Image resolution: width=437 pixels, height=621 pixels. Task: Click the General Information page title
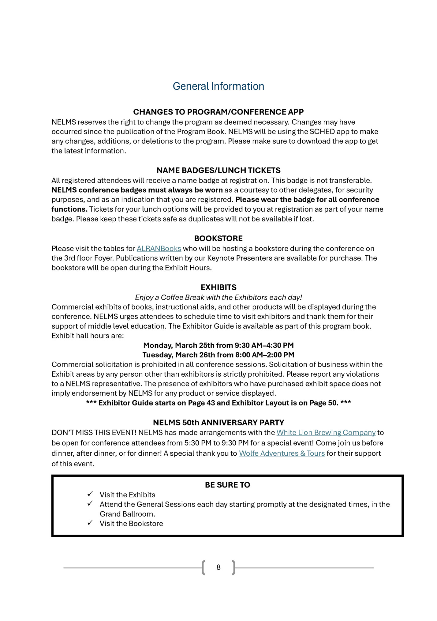click(218, 86)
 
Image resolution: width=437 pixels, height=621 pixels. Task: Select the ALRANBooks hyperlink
click(159, 248)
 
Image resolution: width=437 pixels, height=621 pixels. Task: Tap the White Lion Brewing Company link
click(326, 432)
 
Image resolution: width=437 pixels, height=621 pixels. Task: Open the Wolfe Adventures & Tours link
click(282, 453)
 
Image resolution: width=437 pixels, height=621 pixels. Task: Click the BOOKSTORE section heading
click(218, 238)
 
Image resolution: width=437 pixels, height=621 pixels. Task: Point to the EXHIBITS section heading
click(219, 287)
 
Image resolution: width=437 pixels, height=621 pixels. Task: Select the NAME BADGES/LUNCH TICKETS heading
click(219, 170)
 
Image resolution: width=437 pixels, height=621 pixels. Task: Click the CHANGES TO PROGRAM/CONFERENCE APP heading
click(218, 112)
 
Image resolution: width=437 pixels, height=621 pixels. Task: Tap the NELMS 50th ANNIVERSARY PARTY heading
click(219, 423)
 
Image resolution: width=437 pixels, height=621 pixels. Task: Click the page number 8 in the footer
click(219, 567)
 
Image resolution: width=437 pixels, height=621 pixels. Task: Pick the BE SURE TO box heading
click(227, 485)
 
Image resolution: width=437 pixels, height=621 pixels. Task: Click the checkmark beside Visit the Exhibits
click(90, 494)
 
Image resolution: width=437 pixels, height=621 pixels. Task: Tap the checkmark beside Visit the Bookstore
click(90, 523)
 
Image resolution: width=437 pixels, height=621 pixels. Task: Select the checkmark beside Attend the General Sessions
click(90, 503)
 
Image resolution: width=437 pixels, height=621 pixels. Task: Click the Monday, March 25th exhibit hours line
click(219, 345)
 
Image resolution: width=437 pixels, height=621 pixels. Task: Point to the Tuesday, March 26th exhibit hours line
click(219, 355)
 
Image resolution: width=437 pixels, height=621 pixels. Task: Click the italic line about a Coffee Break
click(219, 297)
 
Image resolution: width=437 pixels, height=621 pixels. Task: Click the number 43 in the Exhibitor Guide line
click(211, 403)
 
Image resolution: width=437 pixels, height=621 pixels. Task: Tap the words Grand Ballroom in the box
click(127, 514)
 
